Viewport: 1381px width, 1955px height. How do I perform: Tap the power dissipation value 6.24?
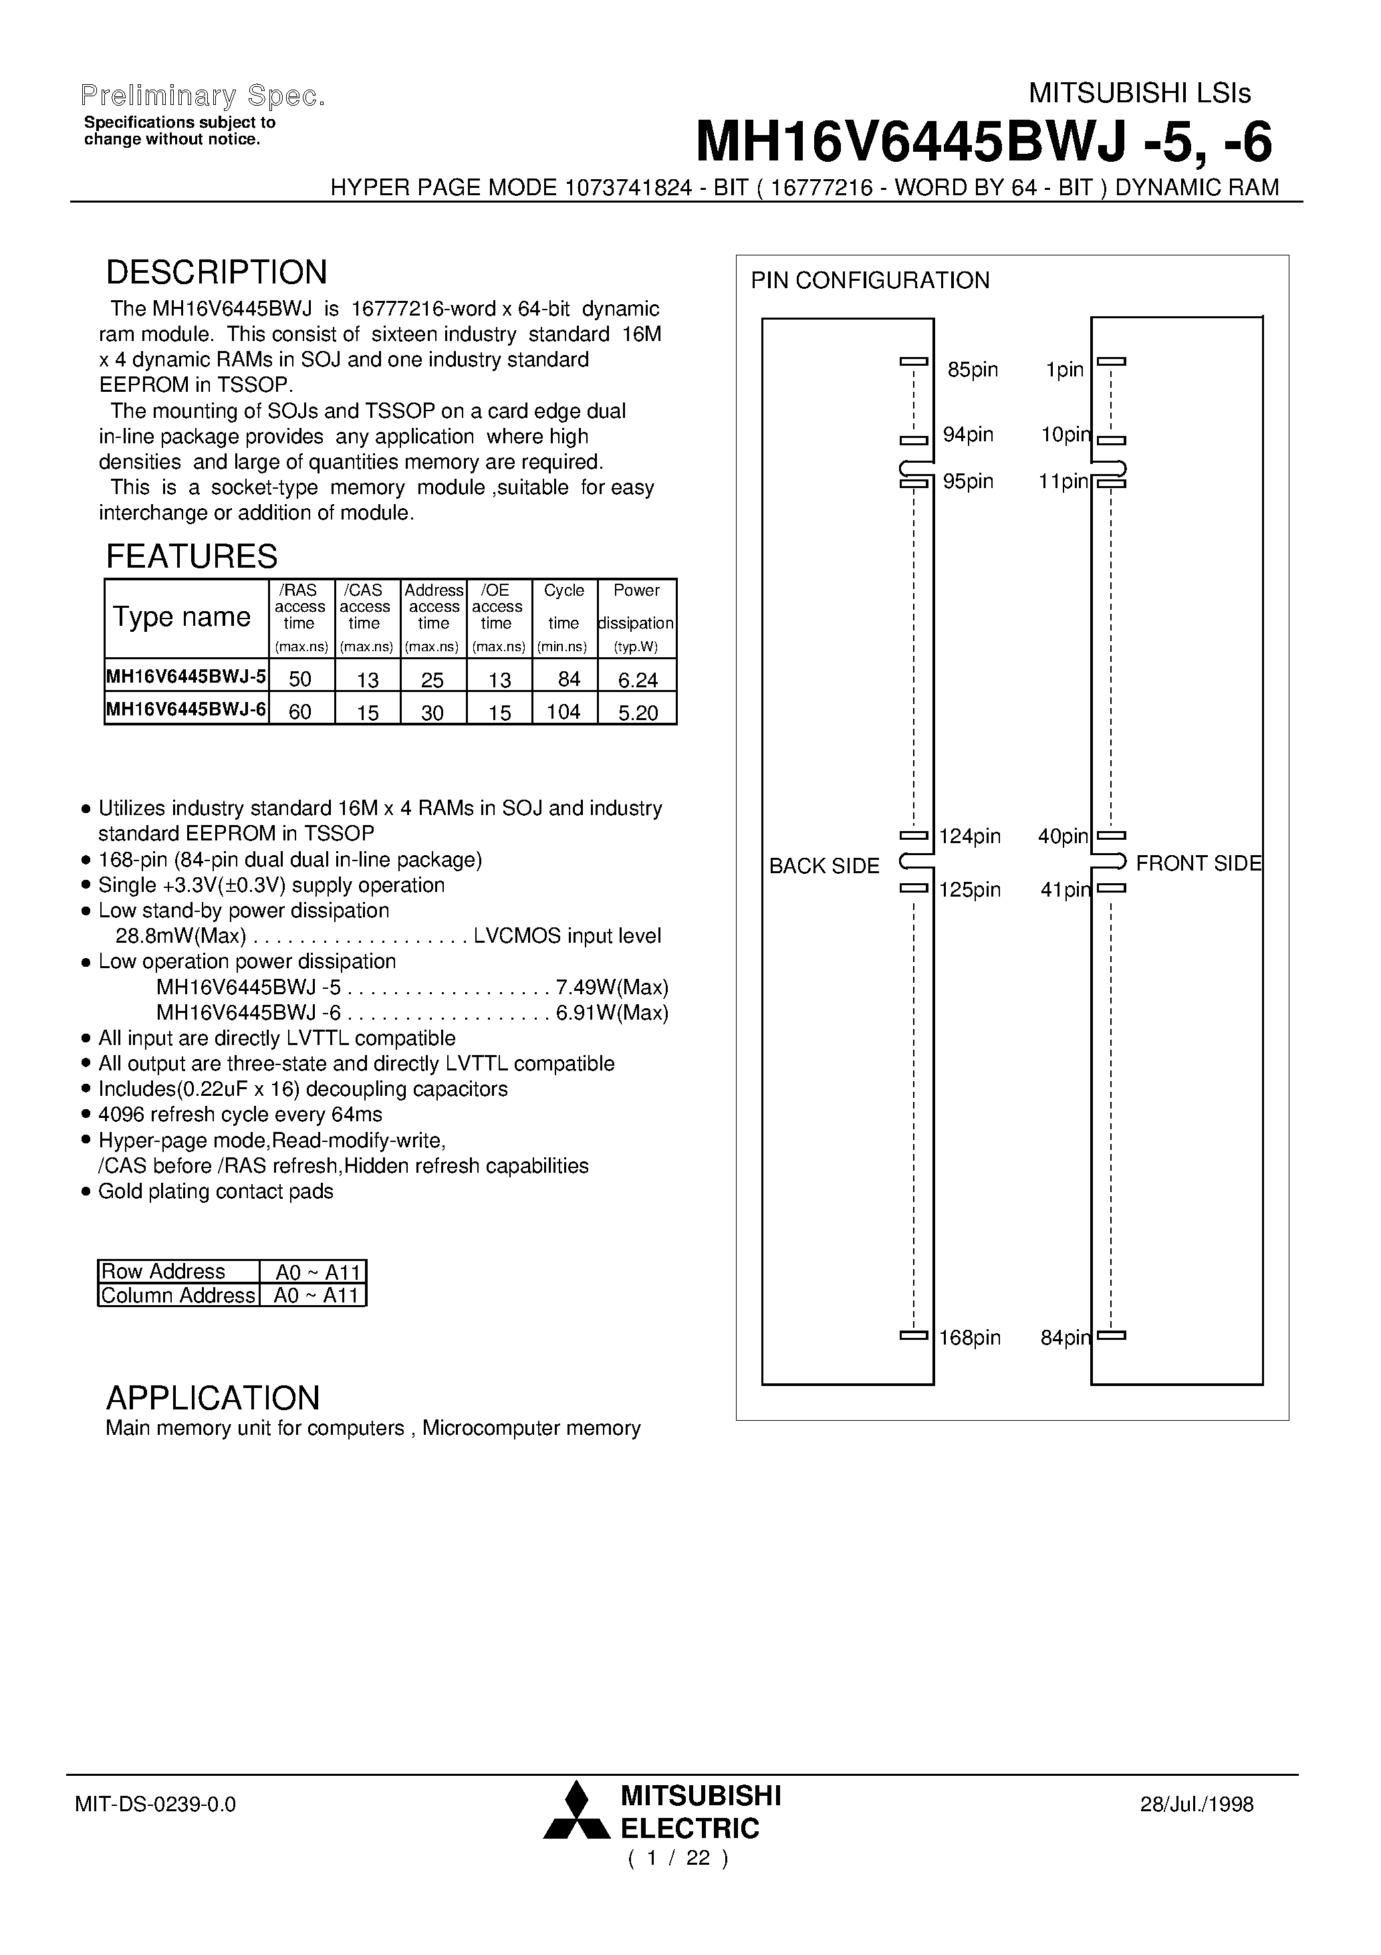pos(638,679)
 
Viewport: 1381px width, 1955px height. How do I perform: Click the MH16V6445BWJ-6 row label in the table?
pos(186,709)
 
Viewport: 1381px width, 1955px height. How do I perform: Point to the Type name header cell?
pos(182,616)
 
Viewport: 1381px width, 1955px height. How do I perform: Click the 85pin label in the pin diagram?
pos(973,370)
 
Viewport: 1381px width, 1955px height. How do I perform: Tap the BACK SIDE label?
pos(824,866)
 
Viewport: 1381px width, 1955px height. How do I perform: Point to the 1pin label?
pos(1064,370)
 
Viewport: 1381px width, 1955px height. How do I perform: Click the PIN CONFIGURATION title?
pos(869,280)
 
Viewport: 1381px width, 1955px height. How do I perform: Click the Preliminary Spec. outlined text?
pos(203,96)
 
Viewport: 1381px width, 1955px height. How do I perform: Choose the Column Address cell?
pos(178,1295)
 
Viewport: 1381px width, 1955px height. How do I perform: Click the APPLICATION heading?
pos(213,1398)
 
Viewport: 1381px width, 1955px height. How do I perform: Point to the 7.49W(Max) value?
pos(612,988)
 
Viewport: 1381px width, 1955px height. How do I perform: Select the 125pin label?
pos(970,890)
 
